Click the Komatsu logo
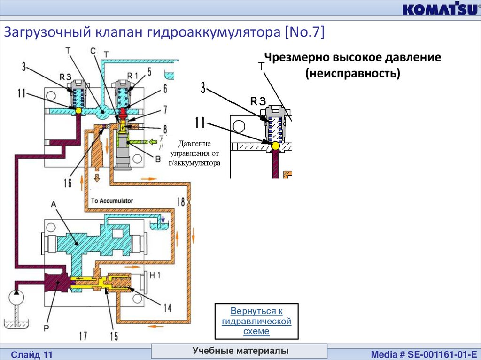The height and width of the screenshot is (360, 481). click(439, 9)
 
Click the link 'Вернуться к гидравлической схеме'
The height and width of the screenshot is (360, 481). click(256, 321)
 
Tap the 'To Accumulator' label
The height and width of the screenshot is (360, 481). click(112, 200)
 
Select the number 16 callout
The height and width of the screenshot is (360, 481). click(68, 182)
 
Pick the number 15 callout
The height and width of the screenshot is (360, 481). click(114, 336)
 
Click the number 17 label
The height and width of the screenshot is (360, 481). click(82, 336)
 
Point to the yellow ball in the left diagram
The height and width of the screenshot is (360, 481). click(78, 110)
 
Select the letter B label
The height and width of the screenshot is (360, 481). click(158, 159)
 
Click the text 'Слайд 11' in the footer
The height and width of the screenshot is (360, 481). click(33, 354)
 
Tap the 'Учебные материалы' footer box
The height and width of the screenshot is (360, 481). click(240, 351)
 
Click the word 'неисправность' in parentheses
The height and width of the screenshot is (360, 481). click(352, 74)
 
